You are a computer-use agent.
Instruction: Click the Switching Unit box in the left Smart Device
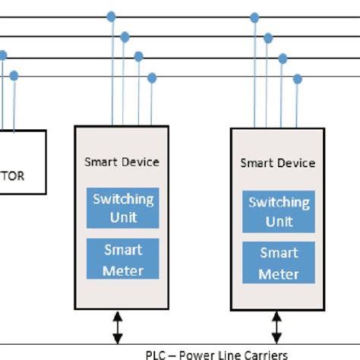122,207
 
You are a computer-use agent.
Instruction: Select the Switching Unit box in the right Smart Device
278,211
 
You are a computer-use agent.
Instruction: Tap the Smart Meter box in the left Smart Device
122,259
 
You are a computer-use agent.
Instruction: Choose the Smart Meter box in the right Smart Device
278,263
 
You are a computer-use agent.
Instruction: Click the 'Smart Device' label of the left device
122,162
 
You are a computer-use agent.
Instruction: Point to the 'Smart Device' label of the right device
277,163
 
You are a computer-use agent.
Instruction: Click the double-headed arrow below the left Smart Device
116,326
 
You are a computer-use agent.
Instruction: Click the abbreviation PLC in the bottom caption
155,355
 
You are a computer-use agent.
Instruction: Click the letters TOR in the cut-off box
12,176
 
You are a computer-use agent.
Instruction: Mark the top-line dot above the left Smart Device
112,16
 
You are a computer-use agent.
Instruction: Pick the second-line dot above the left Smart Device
125,36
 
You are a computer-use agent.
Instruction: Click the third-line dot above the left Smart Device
139,56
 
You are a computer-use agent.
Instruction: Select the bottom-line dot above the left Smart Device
152,77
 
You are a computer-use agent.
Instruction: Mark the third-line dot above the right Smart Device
283,58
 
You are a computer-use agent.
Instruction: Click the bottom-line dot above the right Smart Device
297,78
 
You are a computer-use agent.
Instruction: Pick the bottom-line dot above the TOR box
14,75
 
